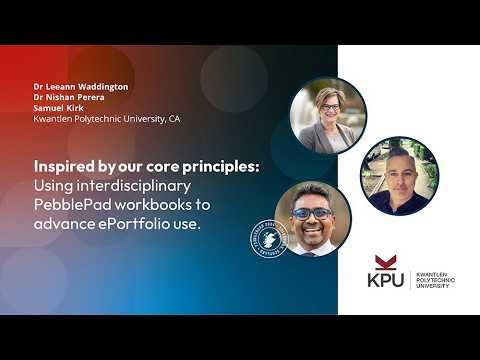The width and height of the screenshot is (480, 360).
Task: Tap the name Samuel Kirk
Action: pos(58,108)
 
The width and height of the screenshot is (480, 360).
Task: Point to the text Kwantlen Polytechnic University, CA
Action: pos(106,119)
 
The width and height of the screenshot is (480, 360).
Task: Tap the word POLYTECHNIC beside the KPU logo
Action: pos(432,283)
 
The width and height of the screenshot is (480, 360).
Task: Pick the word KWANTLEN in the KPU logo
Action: pos(430,274)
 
